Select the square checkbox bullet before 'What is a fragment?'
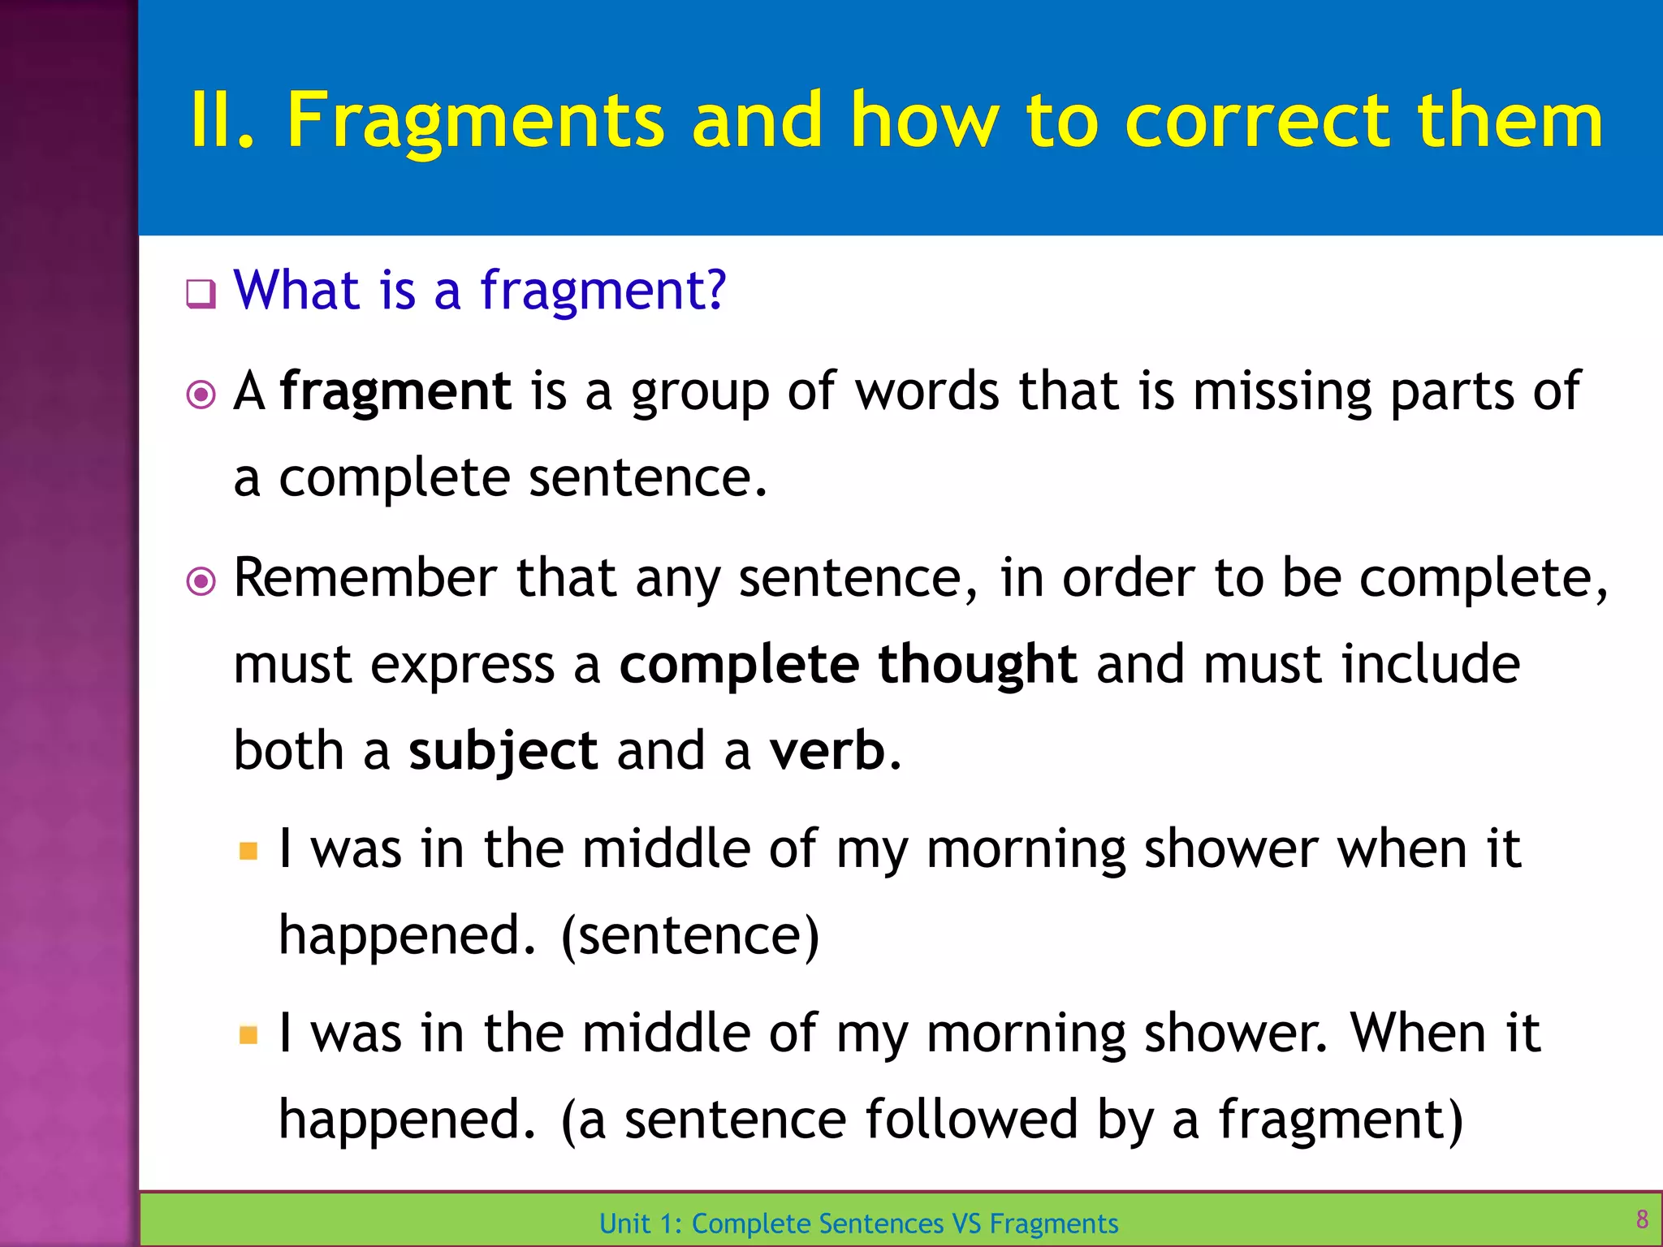click(201, 294)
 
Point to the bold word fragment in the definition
click(395, 392)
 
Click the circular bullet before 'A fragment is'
click(201, 395)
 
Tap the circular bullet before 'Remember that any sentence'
click(201, 581)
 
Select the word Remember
click(365, 578)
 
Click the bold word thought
click(978, 664)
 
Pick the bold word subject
click(503, 751)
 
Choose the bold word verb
click(827, 751)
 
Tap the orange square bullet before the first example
click(248, 852)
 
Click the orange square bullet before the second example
click(248, 1035)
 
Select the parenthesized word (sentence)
click(690, 936)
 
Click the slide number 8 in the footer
click(1642, 1219)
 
